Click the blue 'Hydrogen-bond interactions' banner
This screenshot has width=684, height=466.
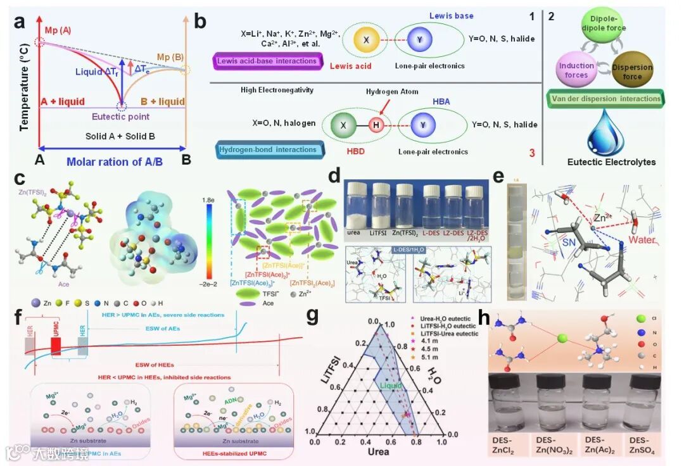(269, 149)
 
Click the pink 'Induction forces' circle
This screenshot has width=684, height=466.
(576, 70)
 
